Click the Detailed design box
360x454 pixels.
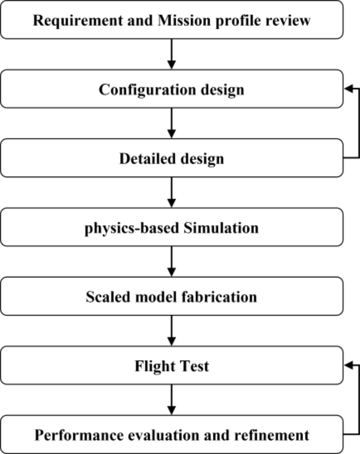(171, 158)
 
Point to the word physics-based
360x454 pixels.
(129, 227)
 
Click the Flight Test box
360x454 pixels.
(171, 366)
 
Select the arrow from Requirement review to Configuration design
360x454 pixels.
(171, 54)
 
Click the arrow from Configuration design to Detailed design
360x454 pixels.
(171, 123)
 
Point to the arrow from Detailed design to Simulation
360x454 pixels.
(171, 192)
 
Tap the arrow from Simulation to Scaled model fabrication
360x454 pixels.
(171, 262)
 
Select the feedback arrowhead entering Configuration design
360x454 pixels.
(348, 89)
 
